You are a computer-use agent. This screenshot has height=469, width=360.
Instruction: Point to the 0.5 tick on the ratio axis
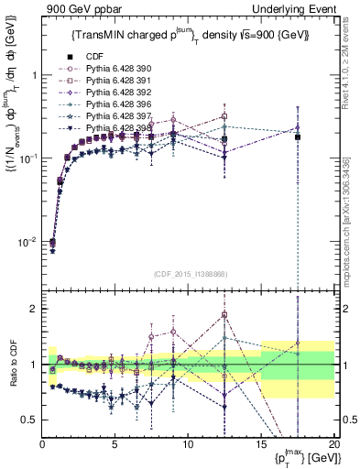29,420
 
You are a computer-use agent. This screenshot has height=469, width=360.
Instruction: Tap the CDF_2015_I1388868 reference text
189,275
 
